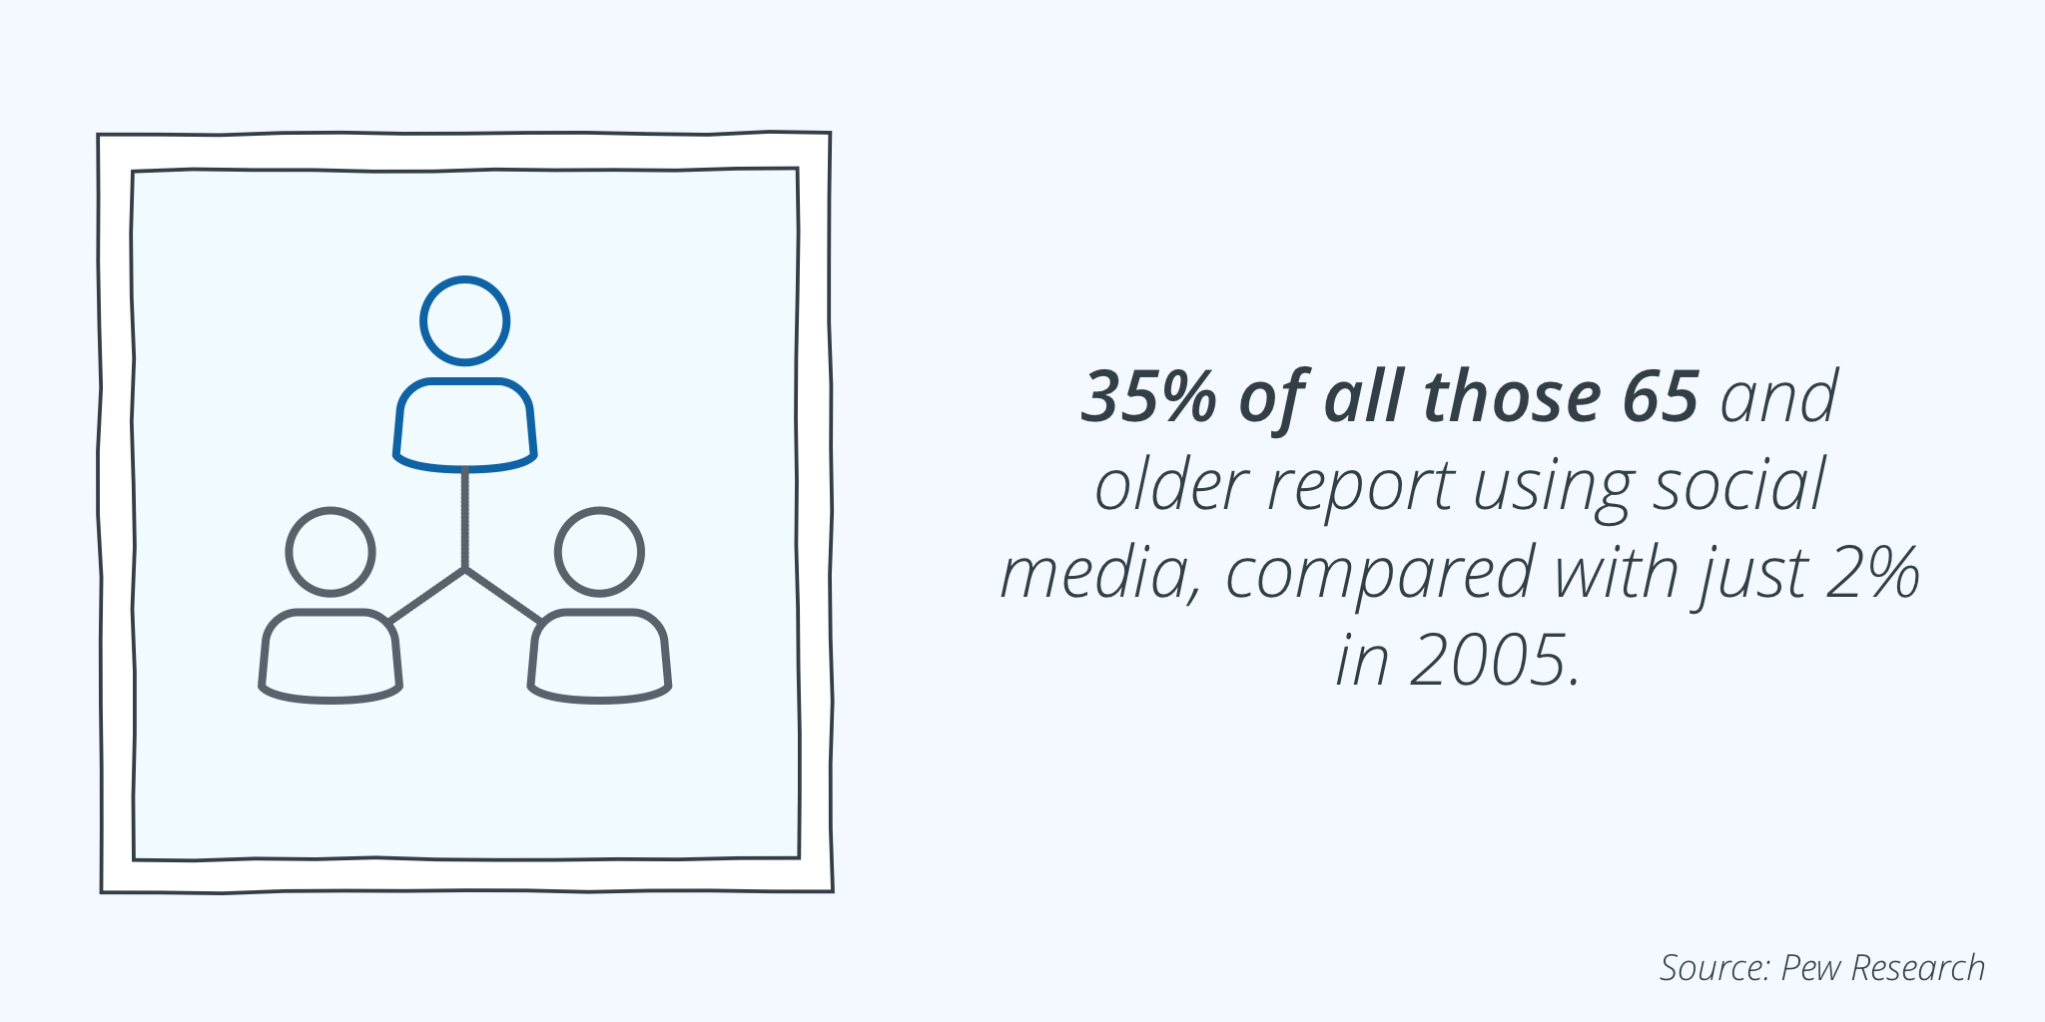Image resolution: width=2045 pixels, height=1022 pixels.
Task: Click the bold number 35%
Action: point(1149,397)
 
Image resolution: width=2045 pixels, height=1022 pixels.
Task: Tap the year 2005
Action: point(1496,661)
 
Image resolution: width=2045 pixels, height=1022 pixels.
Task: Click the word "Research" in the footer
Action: point(1918,968)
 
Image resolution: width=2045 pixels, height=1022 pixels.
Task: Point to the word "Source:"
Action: point(1715,968)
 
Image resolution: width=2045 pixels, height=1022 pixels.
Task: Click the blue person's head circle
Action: point(465,276)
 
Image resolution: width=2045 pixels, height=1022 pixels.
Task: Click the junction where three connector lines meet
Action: point(465,570)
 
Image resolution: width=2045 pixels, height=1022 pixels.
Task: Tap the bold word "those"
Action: point(1512,397)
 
